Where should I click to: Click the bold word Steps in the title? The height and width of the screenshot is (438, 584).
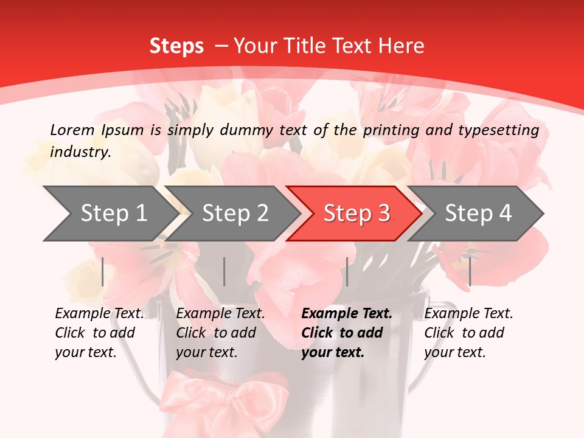pos(176,46)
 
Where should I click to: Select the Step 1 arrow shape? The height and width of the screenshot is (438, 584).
pos(109,214)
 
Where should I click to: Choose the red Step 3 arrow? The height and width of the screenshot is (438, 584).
pos(354,214)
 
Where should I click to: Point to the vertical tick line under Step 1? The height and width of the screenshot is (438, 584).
pos(103,271)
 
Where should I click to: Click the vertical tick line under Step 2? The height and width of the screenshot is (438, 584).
pos(224,271)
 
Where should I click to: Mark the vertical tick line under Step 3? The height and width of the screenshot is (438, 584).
pos(347,271)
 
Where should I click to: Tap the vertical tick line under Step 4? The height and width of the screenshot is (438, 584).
pos(470,271)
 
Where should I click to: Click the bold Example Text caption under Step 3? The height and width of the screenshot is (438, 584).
pos(346,333)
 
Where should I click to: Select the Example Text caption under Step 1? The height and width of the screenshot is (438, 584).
pos(99,333)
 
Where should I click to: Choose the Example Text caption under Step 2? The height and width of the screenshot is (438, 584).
pos(220,333)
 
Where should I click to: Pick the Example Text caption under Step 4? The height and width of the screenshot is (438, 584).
pos(468,333)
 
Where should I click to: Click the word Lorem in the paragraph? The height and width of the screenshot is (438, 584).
pos(72,130)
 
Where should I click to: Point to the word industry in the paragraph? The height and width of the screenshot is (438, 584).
pos(80,151)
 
